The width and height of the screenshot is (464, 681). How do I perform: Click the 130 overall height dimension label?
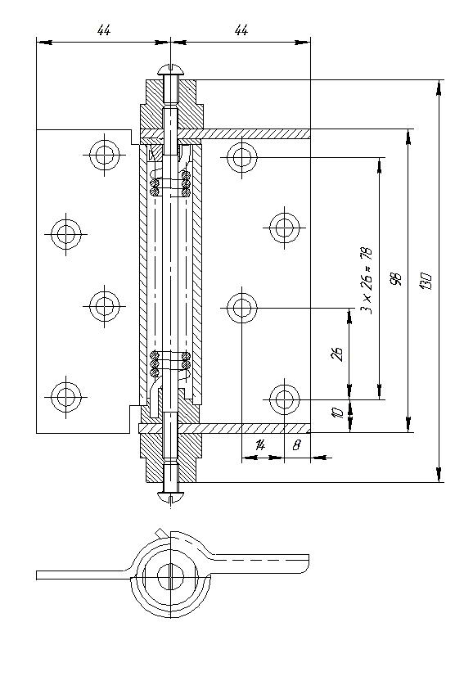(425, 282)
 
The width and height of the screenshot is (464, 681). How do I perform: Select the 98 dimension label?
(396, 279)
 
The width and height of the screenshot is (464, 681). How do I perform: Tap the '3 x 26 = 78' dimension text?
(367, 281)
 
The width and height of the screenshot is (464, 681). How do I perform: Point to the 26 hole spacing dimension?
(337, 354)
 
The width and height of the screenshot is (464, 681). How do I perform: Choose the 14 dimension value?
(260, 444)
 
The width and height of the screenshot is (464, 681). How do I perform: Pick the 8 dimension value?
(296, 444)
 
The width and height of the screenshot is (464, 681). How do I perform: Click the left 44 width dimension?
(104, 30)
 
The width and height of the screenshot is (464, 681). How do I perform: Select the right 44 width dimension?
(241, 30)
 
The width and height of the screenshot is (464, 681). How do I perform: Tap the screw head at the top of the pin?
(171, 69)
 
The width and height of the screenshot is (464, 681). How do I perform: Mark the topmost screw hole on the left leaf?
(104, 155)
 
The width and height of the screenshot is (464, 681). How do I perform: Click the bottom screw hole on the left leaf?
(65, 396)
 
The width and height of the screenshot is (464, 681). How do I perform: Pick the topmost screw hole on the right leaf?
(241, 157)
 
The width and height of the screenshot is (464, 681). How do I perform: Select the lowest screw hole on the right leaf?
(284, 399)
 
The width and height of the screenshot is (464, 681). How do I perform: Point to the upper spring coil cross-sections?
(170, 183)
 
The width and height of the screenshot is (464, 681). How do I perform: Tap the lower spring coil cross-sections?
(170, 364)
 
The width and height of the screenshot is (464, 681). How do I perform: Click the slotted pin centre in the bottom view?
(171, 577)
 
